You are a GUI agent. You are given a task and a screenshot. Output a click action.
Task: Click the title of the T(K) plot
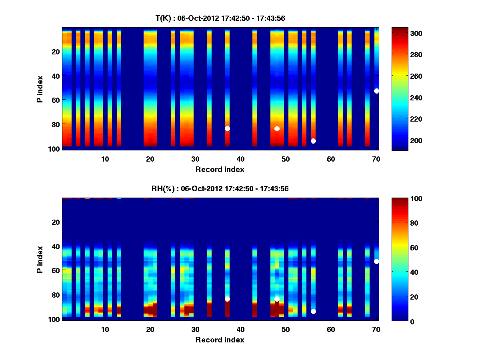[x=220, y=18]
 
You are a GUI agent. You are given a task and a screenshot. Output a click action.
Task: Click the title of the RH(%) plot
[x=220, y=188]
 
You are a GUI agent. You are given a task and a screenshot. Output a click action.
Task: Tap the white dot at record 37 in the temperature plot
[x=227, y=128]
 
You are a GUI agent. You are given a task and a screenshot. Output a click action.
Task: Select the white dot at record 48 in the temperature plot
[x=277, y=128]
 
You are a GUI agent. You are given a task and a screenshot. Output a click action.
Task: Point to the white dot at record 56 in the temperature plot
[x=313, y=141]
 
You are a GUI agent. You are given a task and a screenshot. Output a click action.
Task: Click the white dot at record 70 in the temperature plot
[x=376, y=91]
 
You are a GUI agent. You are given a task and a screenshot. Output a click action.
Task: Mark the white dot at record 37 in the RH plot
[x=227, y=299]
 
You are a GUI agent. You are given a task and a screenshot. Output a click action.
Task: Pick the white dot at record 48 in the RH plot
[x=277, y=299]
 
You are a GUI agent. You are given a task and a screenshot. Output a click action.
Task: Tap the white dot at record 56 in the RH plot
[x=313, y=311]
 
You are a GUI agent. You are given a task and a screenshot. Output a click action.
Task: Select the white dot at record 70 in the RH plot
[x=376, y=261]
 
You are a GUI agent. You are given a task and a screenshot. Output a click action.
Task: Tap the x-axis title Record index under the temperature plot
[x=220, y=169]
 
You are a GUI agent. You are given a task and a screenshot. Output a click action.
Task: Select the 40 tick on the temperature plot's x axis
[x=241, y=159]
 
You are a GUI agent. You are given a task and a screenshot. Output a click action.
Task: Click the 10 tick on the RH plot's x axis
[x=105, y=329]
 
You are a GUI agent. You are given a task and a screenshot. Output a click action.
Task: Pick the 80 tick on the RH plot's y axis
[x=55, y=295]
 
